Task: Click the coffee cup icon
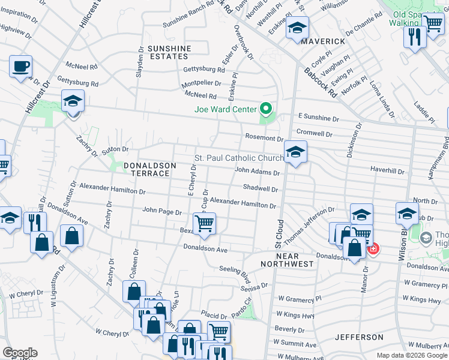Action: pos(20,65)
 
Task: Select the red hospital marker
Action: pos(373,248)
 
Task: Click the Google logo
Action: pos(19,353)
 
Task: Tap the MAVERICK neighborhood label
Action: pos(323,41)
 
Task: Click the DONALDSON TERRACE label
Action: pos(150,169)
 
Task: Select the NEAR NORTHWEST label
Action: pos(287,263)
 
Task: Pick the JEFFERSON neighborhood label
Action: pos(359,337)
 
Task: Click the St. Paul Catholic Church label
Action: pos(239,158)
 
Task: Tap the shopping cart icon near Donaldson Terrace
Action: pos(205,223)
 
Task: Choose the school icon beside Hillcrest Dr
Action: pos(73,100)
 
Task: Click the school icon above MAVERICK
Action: pos(297,28)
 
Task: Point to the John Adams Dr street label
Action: pos(257,172)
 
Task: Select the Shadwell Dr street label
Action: pos(261,188)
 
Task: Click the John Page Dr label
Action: pos(162,211)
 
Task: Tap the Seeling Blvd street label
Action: pos(235,269)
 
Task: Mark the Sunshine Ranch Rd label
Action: pos(187,21)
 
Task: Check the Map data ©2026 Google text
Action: pos(412,355)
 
